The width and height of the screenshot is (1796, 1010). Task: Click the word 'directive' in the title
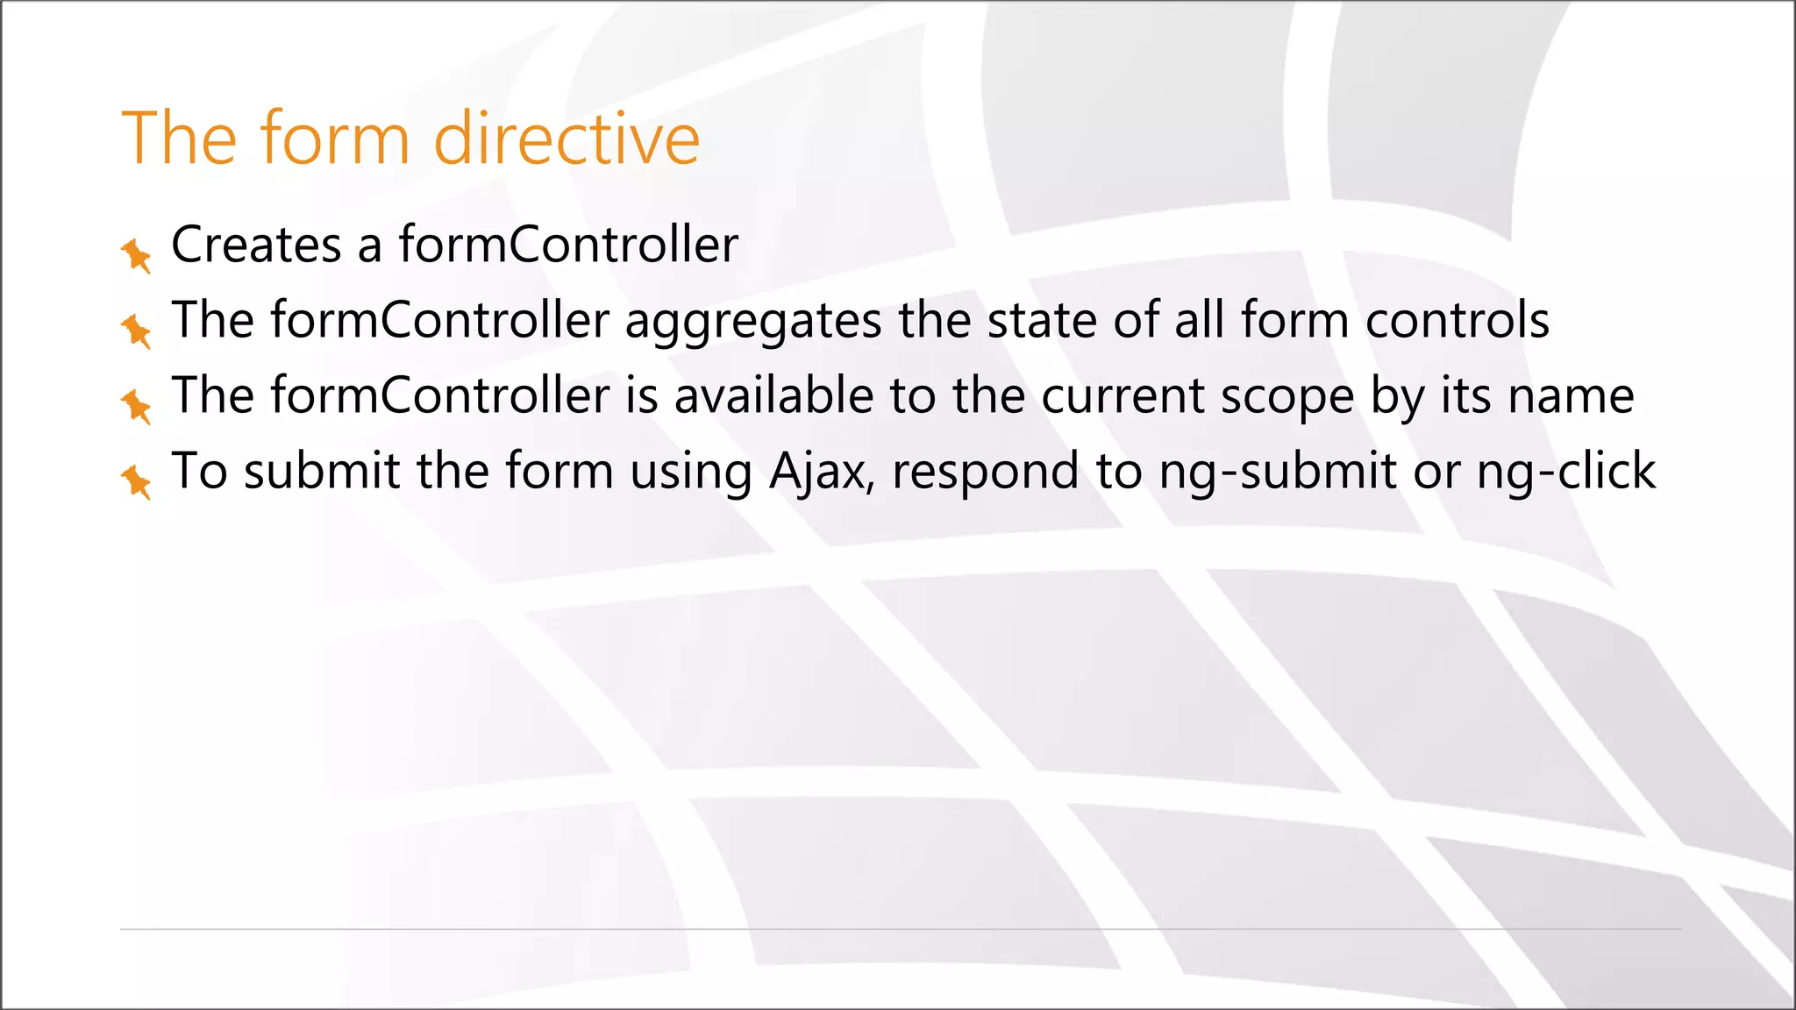(567, 138)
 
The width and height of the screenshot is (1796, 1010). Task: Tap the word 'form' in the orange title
(334, 138)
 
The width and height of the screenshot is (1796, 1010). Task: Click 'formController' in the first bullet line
(568, 245)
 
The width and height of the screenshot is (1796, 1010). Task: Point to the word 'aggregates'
(753, 321)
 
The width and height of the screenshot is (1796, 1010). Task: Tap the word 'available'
(773, 395)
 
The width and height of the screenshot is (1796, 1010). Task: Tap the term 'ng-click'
(1566, 472)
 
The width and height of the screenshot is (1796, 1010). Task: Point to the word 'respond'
(986, 472)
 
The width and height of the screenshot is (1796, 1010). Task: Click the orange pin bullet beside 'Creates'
(136, 255)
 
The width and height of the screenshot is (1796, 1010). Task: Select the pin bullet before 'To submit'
(136, 482)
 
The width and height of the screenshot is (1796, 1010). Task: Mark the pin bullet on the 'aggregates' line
(136, 331)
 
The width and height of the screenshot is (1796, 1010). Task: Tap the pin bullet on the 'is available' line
(136, 406)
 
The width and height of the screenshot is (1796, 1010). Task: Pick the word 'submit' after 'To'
(322, 472)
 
